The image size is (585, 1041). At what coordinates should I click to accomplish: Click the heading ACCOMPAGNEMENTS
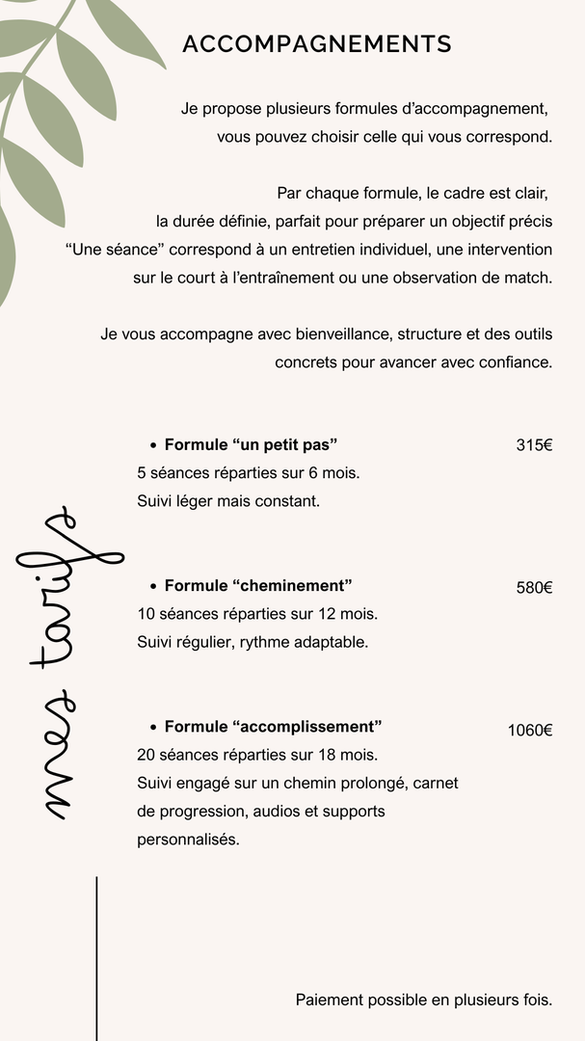point(317,44)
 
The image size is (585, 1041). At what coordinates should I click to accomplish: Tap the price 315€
point(534,445)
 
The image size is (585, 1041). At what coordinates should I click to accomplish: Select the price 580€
point(534,587)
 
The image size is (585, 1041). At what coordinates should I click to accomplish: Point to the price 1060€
point(530,730)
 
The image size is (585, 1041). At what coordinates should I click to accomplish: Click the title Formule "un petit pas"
point(251,444)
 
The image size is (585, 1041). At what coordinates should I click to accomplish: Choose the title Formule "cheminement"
point(258,585)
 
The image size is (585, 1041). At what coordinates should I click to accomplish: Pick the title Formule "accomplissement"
point(274,726)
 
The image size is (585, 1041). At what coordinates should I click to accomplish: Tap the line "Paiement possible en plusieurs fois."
point(424,1001)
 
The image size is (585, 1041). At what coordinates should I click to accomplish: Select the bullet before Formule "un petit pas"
point(153,445)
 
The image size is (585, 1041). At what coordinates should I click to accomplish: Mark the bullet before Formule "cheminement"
point(153,586)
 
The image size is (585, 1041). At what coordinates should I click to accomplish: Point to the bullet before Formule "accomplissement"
point(153,727)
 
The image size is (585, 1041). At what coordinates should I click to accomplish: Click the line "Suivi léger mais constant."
point(228,501)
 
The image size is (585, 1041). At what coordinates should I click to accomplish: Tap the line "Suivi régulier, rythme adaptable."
point(253,642)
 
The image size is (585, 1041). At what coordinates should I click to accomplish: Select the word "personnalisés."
point(188,840)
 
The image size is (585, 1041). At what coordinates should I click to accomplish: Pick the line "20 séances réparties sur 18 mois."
point(257,755)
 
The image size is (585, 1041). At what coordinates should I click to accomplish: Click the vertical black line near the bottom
point(96,954)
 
